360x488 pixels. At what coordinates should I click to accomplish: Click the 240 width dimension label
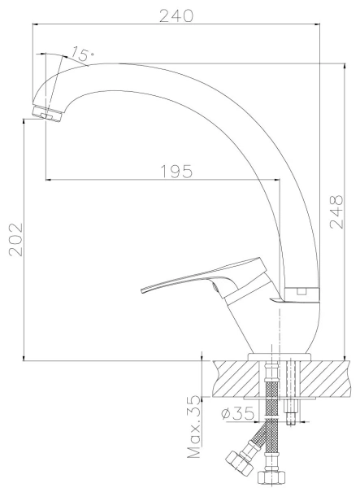pos(176,16)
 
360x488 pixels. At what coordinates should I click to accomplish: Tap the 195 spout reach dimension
pos(176,172)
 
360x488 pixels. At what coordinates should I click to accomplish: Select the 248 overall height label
pos(336,212)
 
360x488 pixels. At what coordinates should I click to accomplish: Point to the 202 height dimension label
pos(16,239)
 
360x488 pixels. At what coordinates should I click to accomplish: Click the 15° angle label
pos(82,54)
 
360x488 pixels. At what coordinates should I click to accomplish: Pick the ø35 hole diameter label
pos(238,413)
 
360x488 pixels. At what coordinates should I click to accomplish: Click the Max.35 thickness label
pos(194,427)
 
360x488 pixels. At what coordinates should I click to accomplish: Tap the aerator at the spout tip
pos(48,114)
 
